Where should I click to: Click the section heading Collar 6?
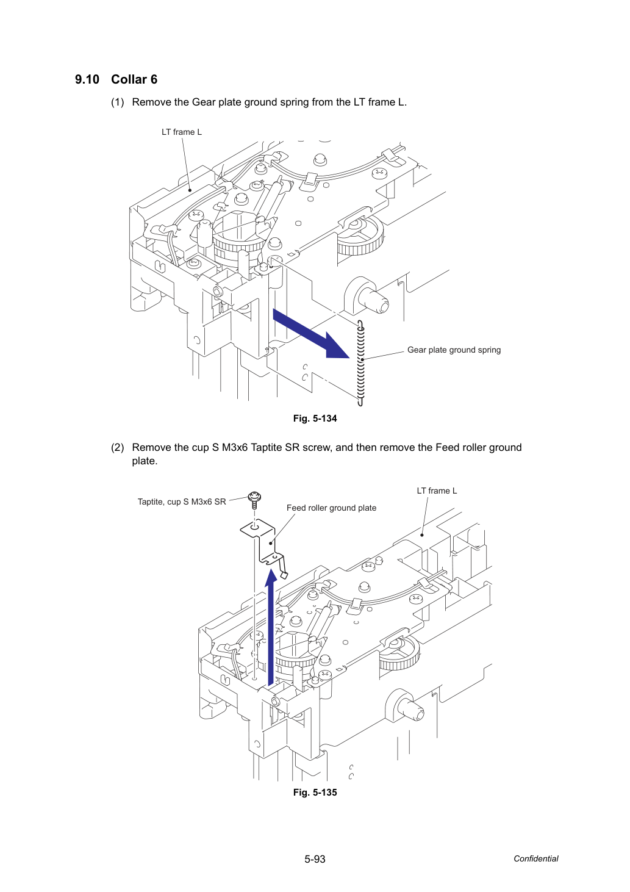click(134, 79)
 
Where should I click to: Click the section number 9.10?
click(87, 79)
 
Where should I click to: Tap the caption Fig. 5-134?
click(315, 419)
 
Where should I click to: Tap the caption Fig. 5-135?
click(315, 793)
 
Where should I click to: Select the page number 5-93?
click(315, 859)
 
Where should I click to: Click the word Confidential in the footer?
click(535, 858)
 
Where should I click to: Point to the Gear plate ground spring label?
click(454, 350)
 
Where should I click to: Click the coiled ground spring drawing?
click(360, 363)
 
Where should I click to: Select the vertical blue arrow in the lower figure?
click(271, 627)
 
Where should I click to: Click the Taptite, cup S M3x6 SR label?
click(182, 502)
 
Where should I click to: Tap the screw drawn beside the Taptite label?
click(255, 500)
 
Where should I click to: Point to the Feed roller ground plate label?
click(331, 508)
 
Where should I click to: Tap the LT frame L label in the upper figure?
click(182, 132)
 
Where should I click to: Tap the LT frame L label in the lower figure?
click(437, 491)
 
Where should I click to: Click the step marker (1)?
click(118, 103)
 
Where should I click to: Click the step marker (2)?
click(118, 448)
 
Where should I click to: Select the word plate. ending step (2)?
click(145, 461)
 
